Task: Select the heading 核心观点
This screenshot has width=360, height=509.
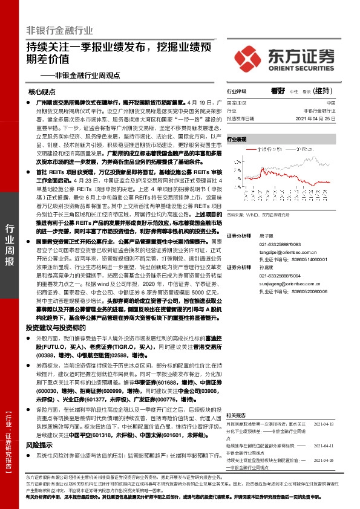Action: point(41,92)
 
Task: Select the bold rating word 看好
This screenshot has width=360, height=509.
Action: point(278,91)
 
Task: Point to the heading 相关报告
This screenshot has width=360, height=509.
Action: point(236,415)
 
